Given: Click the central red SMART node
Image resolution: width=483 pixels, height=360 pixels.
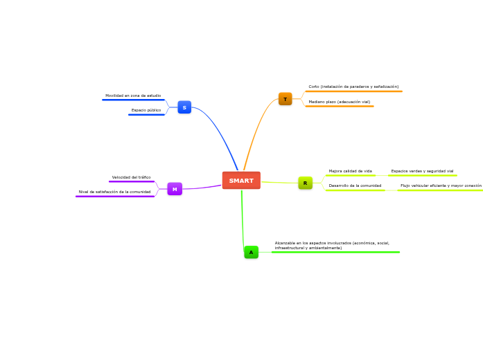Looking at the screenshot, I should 241,181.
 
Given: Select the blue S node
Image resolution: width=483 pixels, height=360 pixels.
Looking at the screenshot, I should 184,107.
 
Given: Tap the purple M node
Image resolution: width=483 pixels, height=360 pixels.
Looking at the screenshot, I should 175,189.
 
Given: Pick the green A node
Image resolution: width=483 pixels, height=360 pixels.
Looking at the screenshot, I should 251,253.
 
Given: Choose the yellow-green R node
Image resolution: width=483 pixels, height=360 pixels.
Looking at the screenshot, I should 305,183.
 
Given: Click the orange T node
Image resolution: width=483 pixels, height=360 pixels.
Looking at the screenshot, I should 285,99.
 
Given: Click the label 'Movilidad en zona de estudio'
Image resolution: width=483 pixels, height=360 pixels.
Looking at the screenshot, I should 133,96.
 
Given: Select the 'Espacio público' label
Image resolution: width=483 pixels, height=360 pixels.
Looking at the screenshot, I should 146,110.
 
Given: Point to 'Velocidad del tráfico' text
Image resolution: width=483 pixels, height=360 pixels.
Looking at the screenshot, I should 131,177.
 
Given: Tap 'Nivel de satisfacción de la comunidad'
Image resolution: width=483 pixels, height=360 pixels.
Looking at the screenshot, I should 114,192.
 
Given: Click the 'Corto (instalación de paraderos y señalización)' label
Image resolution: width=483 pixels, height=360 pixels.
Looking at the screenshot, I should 353,87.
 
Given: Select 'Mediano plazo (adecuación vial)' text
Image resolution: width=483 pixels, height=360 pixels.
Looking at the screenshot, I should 340,102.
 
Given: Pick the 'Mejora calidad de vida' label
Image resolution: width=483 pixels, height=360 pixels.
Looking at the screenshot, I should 350,171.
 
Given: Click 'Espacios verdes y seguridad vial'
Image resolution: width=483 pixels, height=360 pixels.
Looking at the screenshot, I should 422,171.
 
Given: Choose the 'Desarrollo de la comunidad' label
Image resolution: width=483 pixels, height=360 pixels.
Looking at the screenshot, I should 355,186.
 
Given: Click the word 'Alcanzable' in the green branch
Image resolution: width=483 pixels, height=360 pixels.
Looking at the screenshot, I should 286,243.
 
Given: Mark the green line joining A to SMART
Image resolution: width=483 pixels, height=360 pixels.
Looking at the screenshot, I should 243,218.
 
